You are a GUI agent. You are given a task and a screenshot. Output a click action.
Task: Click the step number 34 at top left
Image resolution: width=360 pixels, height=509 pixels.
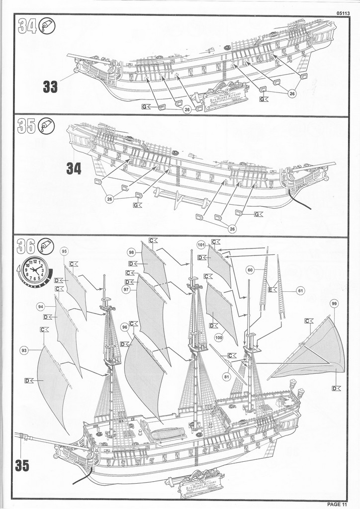pyautogui.click(x=27, y=26)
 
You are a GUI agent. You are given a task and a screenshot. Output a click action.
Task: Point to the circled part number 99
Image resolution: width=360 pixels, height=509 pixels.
pyautogui.click(x=334, y=303)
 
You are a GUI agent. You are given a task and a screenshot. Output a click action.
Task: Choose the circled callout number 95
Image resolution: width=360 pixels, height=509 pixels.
pyautogui.click(x=65, y=252)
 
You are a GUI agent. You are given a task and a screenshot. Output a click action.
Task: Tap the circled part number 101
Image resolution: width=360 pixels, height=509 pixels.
pyautogui.click(x=201, y=245)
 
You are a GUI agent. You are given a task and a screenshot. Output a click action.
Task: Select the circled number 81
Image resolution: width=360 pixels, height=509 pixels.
pyautogui.click(x=227, y=376)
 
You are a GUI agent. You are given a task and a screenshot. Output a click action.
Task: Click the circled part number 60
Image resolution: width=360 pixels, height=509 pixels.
pyautogui.click(x=250, y=270)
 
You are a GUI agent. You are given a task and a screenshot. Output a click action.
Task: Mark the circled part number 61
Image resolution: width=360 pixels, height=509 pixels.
pyautogui.click(x=300, y=290)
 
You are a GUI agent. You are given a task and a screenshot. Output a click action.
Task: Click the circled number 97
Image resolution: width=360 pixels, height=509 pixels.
pyautogui.click(x=126, y=289)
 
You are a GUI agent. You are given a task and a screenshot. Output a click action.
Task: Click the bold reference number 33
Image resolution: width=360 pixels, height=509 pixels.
pyautogui.click(x=50, y=87)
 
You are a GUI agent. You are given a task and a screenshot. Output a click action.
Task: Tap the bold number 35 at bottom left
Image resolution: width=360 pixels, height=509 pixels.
pyautogui.click(x=22, y=466)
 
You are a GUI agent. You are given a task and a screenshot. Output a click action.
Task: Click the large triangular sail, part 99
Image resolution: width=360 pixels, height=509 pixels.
pyautogui.click(x=318, y=350)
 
